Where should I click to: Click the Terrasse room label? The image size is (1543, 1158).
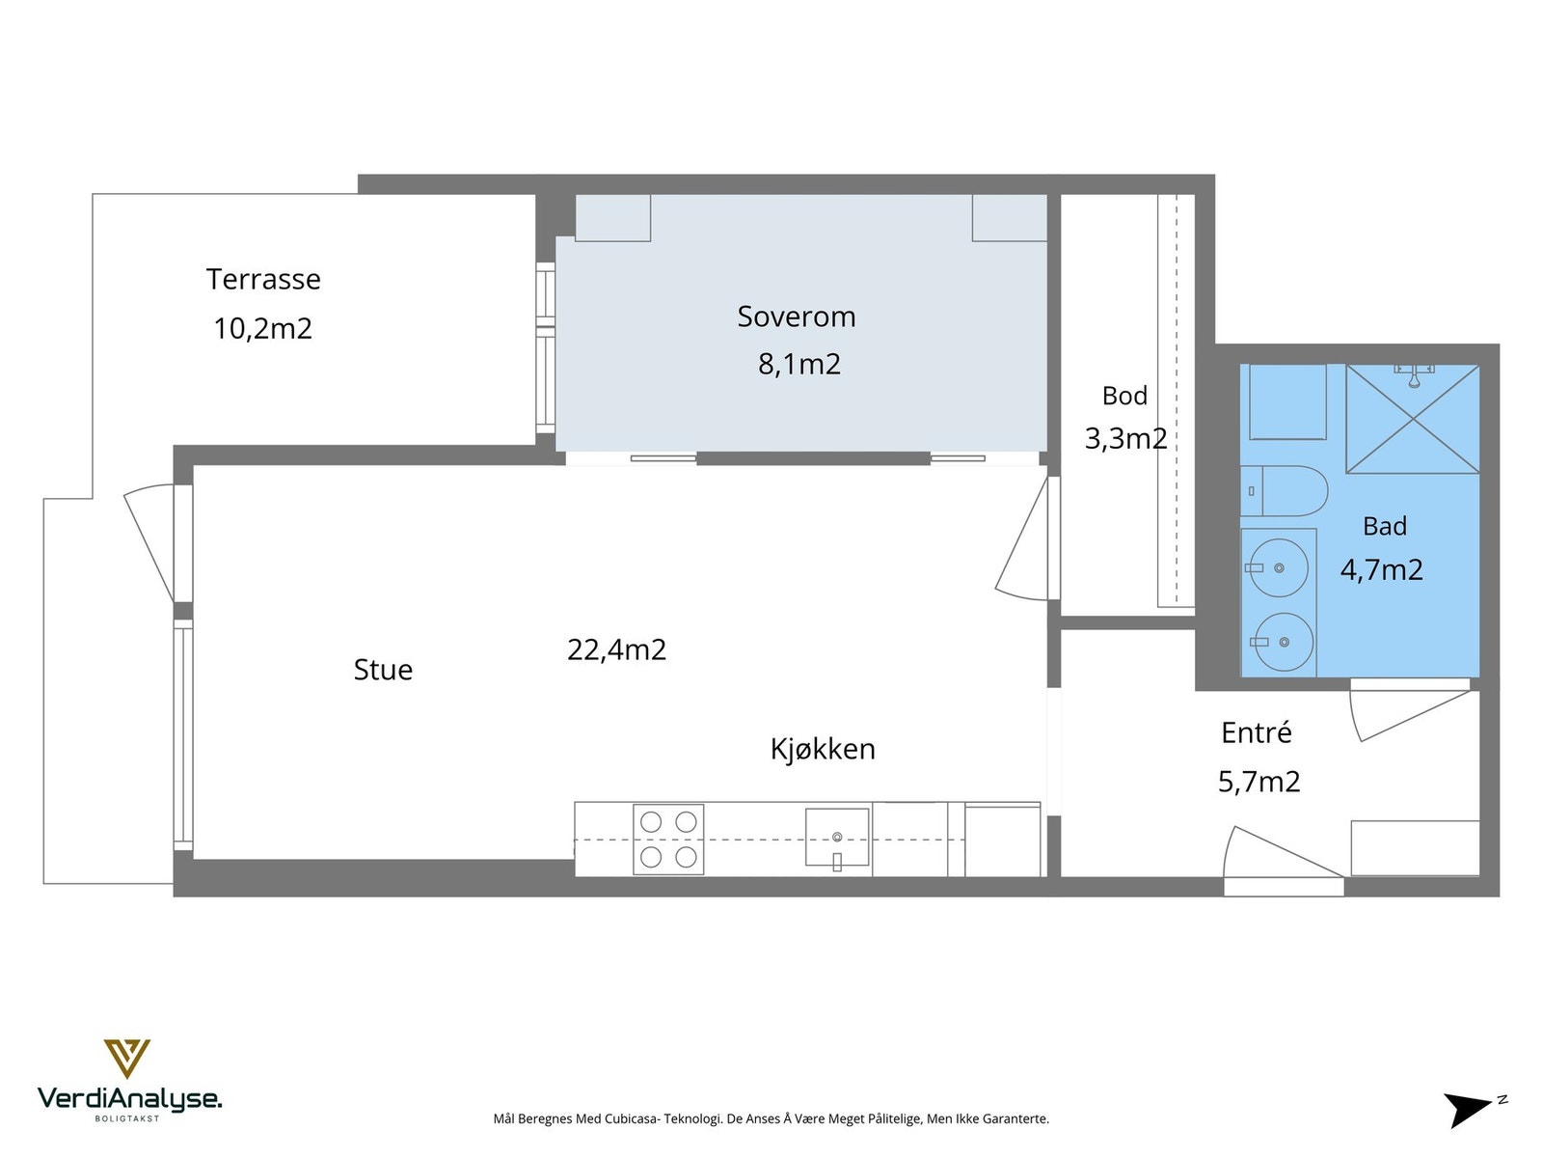(x=263, y=279)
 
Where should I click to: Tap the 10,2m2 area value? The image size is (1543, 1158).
(x=263, y=328)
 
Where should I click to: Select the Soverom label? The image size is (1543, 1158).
(x=796, y=317)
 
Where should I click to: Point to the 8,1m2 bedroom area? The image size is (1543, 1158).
(x=799, y=364)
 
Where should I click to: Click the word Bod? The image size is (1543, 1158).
(x=1124, y=396)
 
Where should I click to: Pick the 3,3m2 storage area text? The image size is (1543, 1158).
(x=1125, y=439)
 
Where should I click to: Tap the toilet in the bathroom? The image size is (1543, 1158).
(x=1284, y=491)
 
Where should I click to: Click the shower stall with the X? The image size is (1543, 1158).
(x=1413, y=419)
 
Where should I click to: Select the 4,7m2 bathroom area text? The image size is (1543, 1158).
(x=1381, y=569)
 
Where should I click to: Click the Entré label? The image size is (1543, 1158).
(x=1257, y=732)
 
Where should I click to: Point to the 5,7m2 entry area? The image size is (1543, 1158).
(x=1259, y=782)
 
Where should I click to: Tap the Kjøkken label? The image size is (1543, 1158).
(x=823, y=750)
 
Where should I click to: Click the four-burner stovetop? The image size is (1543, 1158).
(x=667, y=840)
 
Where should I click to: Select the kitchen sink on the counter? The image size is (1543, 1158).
(x=836, y=838)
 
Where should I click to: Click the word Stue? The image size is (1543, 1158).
(x=383, y=670)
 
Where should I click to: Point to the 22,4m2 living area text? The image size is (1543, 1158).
(x=616, y=649)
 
